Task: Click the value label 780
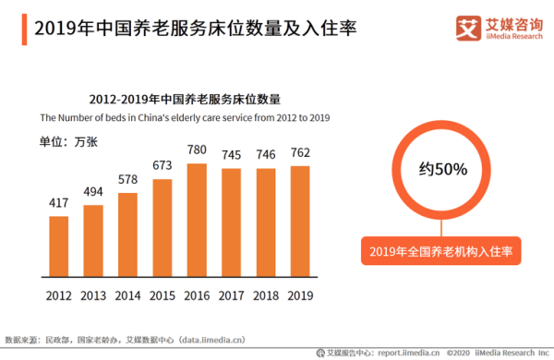pyautogui.click(x=197, y=150)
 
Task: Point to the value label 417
pyautogui.click(x=59, y=203)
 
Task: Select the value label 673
pyautogui.click(x=163, y=165)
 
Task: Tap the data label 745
pyautogui.click(x=231, y=154)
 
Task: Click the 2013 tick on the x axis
pyautogui.click(x=93, y=296)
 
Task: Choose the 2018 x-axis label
pyautogui.click(x=266, y=296)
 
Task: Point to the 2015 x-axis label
pyautogui.click(x=163, y=296)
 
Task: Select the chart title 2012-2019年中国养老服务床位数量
pyautogui.click(x=184, y=99)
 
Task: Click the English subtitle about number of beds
pyautogui.click(x=184, y=117)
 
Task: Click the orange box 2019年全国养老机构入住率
pyautogui.click(x=440, y=250)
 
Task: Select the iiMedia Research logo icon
pyautogui.click(x=466, y=29)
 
